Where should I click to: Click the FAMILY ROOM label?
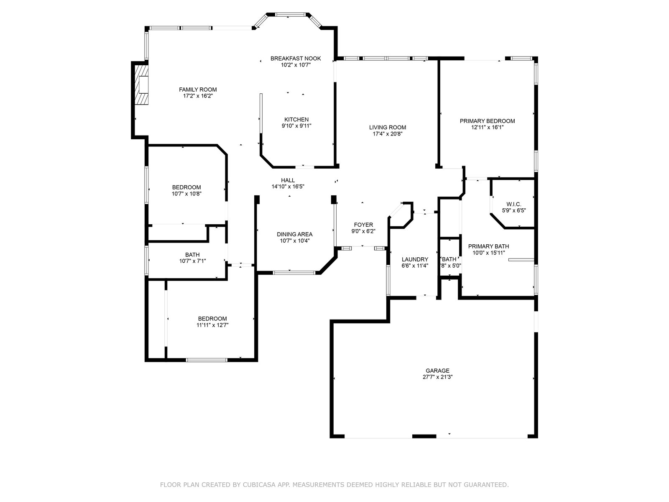[198, 90]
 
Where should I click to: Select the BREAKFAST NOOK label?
[296, 59]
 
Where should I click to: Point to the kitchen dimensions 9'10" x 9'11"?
[296, 126]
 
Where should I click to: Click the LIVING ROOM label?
[387, 128]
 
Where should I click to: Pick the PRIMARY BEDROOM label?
[488, 121]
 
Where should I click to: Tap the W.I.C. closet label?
[514, 204]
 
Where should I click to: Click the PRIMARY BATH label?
[488, 246]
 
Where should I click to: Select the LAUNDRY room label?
[415, 259]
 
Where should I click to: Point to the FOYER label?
[363, 225]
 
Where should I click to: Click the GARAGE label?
[437, 371]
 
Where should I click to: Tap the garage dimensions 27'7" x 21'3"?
[437, 377]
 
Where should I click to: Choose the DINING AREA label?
[294, 234]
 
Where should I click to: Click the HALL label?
[288, 180]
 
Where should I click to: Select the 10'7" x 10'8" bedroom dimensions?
[186, 194]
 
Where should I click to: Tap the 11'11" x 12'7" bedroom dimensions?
[212, 325]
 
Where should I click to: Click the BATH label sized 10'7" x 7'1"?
[192, 255]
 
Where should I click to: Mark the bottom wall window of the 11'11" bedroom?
[207, 360]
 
